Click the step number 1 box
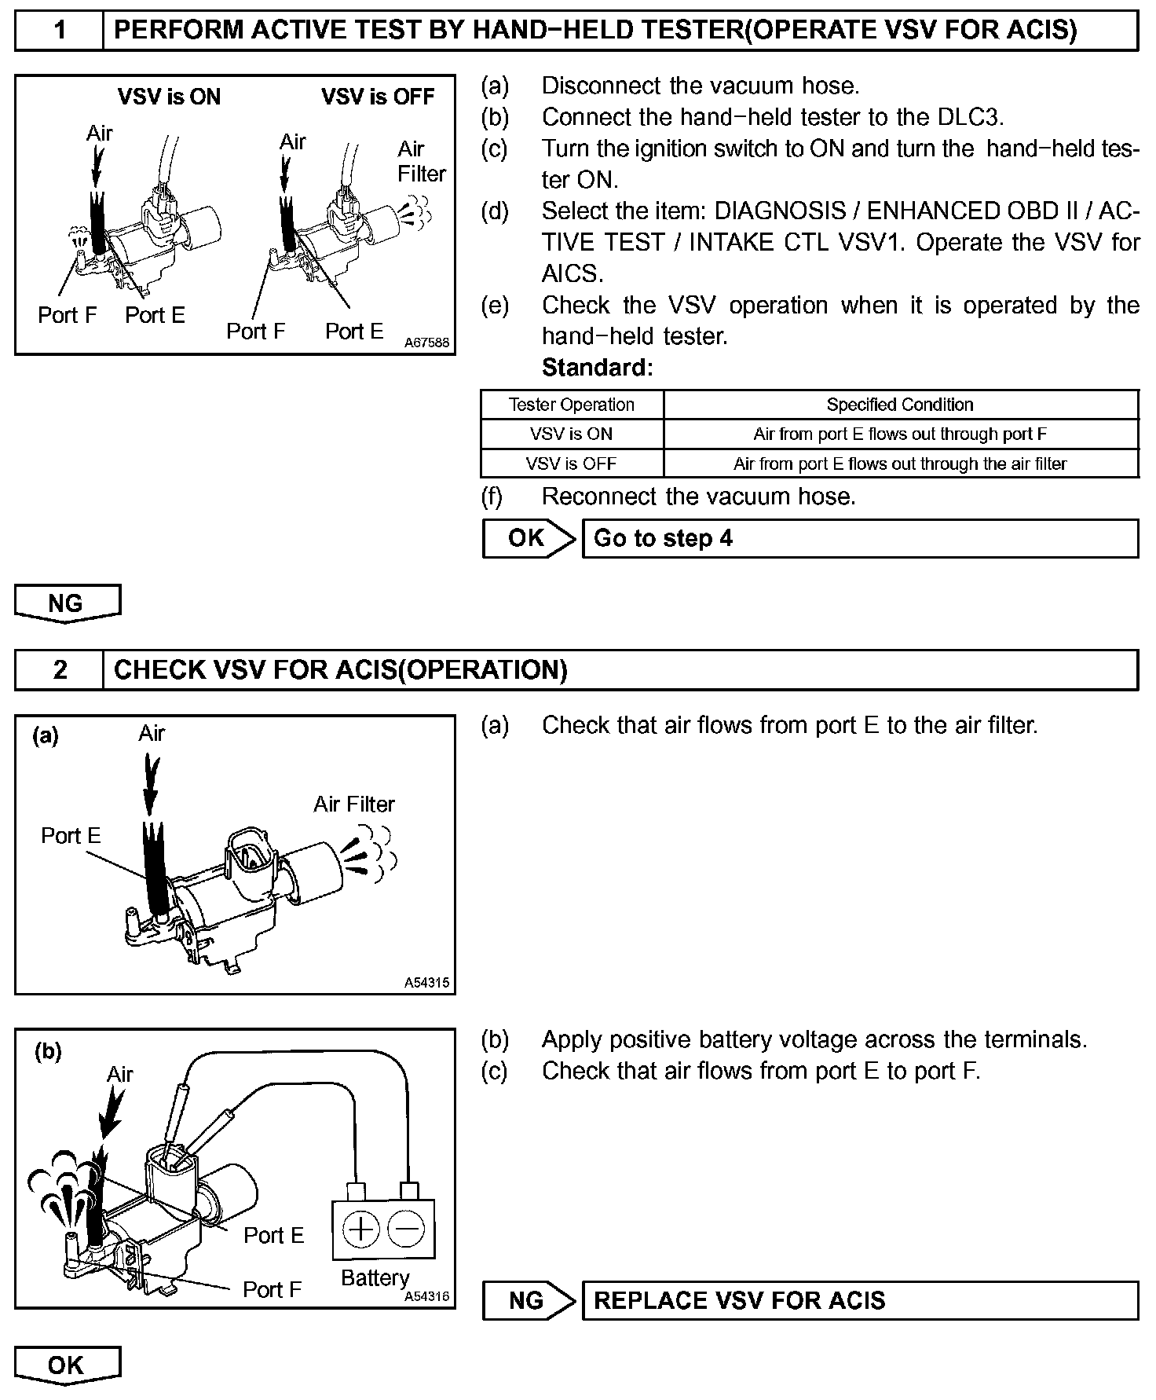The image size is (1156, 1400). pos(59,31)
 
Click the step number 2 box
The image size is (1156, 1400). pos(59,669)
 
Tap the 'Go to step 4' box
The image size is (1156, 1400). pos(859,538)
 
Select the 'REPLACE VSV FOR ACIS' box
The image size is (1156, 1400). pos(859,1300)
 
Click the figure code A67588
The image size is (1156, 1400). pos(427,343)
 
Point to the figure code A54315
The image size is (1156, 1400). pos(427,982)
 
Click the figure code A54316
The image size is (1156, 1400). pos(427,1296)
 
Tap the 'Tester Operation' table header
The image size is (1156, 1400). pos(571,405)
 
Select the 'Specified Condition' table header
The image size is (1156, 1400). pos(900,405)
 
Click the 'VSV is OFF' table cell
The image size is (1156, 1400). pos(571,464)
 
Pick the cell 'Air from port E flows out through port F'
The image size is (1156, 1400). pos(900,434)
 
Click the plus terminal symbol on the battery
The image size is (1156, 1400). pos(361,1229)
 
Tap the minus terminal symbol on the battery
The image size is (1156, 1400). pos(406,1229)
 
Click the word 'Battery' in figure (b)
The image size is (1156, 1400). pos(375,1278)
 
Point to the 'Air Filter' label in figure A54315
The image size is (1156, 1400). pos(354,804)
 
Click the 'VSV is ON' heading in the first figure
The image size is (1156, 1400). pos(169,97)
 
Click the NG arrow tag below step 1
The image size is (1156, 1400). pos(67,603)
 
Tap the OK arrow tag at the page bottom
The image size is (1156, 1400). pos(67,1365)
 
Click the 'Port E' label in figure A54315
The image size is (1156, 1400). pos(71,835)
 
